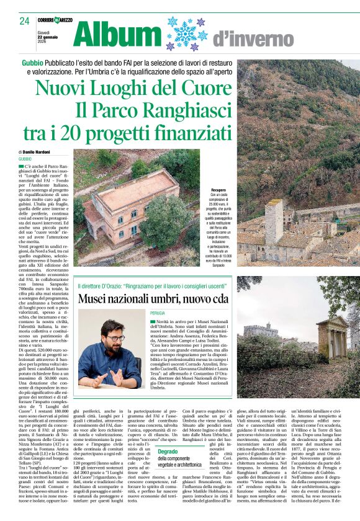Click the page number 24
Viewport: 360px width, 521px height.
click(x=24, y=21)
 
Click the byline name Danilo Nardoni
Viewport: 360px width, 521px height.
click(x=38, y=152)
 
